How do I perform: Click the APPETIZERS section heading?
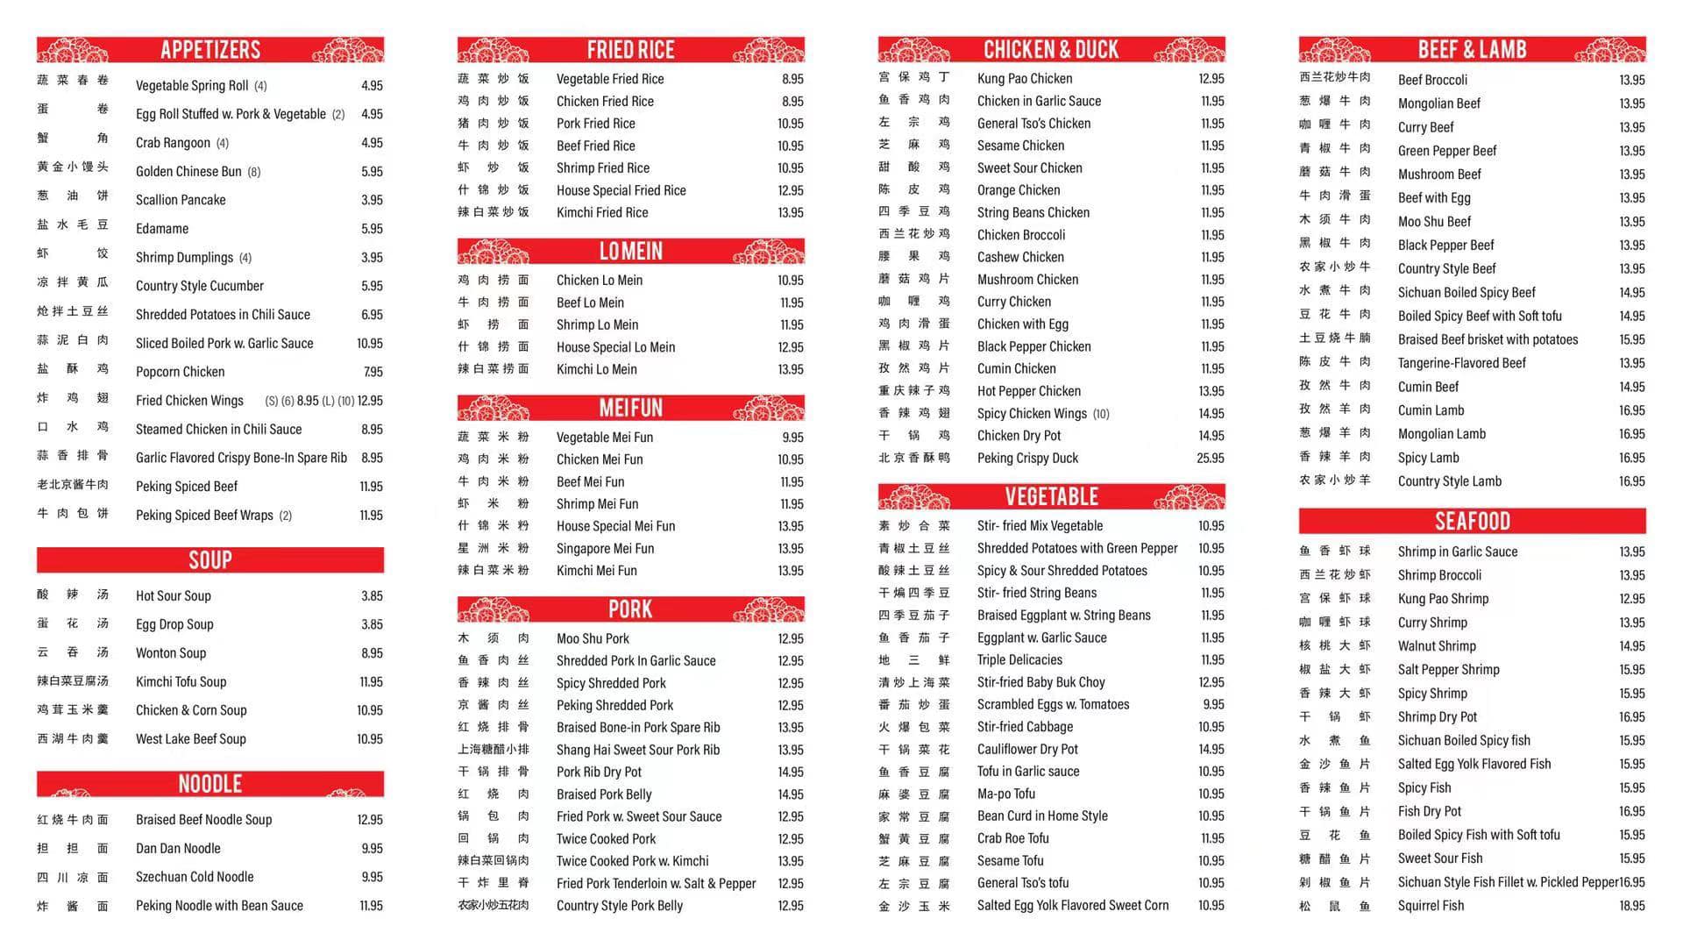210,50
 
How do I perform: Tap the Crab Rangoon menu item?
173,143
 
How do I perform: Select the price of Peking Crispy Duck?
1211,459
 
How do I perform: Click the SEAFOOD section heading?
1472,522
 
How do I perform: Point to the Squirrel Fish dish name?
1431,906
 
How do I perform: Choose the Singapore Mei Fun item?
605,549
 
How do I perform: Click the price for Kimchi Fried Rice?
790,213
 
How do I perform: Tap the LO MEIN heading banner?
630,252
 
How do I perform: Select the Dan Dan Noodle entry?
178,849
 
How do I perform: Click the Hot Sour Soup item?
174,596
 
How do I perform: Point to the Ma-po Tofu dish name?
1006,794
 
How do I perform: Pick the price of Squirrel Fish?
1631,906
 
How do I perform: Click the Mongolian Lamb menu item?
1441,434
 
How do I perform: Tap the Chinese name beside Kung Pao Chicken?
913,78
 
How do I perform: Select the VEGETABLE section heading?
1051,497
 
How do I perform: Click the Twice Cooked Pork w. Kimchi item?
632,862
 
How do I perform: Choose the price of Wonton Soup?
372,653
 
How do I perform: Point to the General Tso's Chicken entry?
1033,124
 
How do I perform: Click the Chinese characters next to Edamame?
73,225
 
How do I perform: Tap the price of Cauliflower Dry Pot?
1211,750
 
